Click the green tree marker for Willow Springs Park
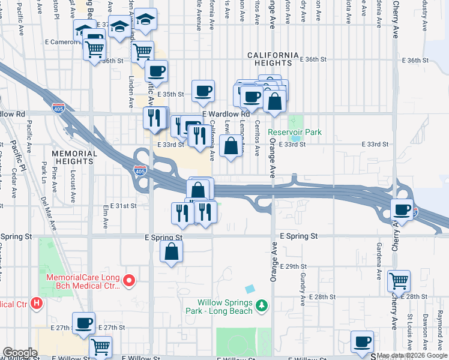tap(261, 307)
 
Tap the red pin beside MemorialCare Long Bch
tap(128, 280)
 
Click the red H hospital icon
tap(37, 304)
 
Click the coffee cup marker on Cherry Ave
tap(402, 210)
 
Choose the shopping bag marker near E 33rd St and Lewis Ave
tap(231, 145)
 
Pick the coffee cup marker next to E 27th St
tap(83, 323)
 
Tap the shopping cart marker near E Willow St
tap(100, 346)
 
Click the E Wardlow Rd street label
tap(226, 114)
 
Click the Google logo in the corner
tap(20, 353)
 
